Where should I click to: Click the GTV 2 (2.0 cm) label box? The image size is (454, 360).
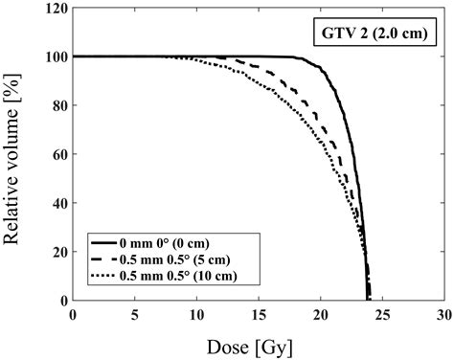(x=375, y=36)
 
